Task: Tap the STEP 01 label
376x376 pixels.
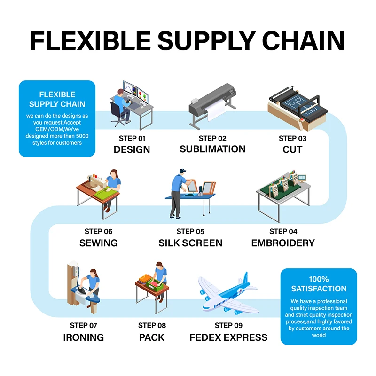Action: click(132, 138)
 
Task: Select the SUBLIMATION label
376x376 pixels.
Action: click(212, 149)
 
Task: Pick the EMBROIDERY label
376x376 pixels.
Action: click(283, 243)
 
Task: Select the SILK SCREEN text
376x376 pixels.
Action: click(190, 243)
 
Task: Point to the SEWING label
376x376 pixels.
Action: click(98, 243)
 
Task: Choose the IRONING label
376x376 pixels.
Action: click(83, 337)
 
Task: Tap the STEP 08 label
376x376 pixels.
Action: click(152, 325)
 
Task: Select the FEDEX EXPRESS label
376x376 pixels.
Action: click(228, 337)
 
